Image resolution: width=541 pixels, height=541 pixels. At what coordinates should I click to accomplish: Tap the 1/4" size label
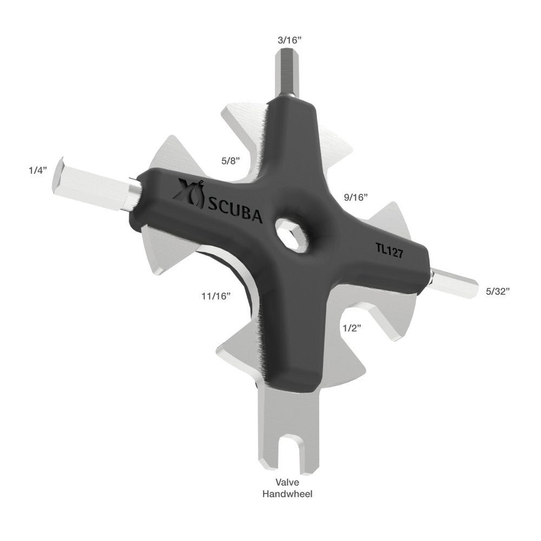38,169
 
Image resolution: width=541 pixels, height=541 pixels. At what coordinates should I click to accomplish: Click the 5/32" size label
498,291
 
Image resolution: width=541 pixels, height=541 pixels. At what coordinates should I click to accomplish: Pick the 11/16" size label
216,295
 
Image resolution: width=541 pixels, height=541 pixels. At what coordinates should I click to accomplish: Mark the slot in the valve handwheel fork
286,454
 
